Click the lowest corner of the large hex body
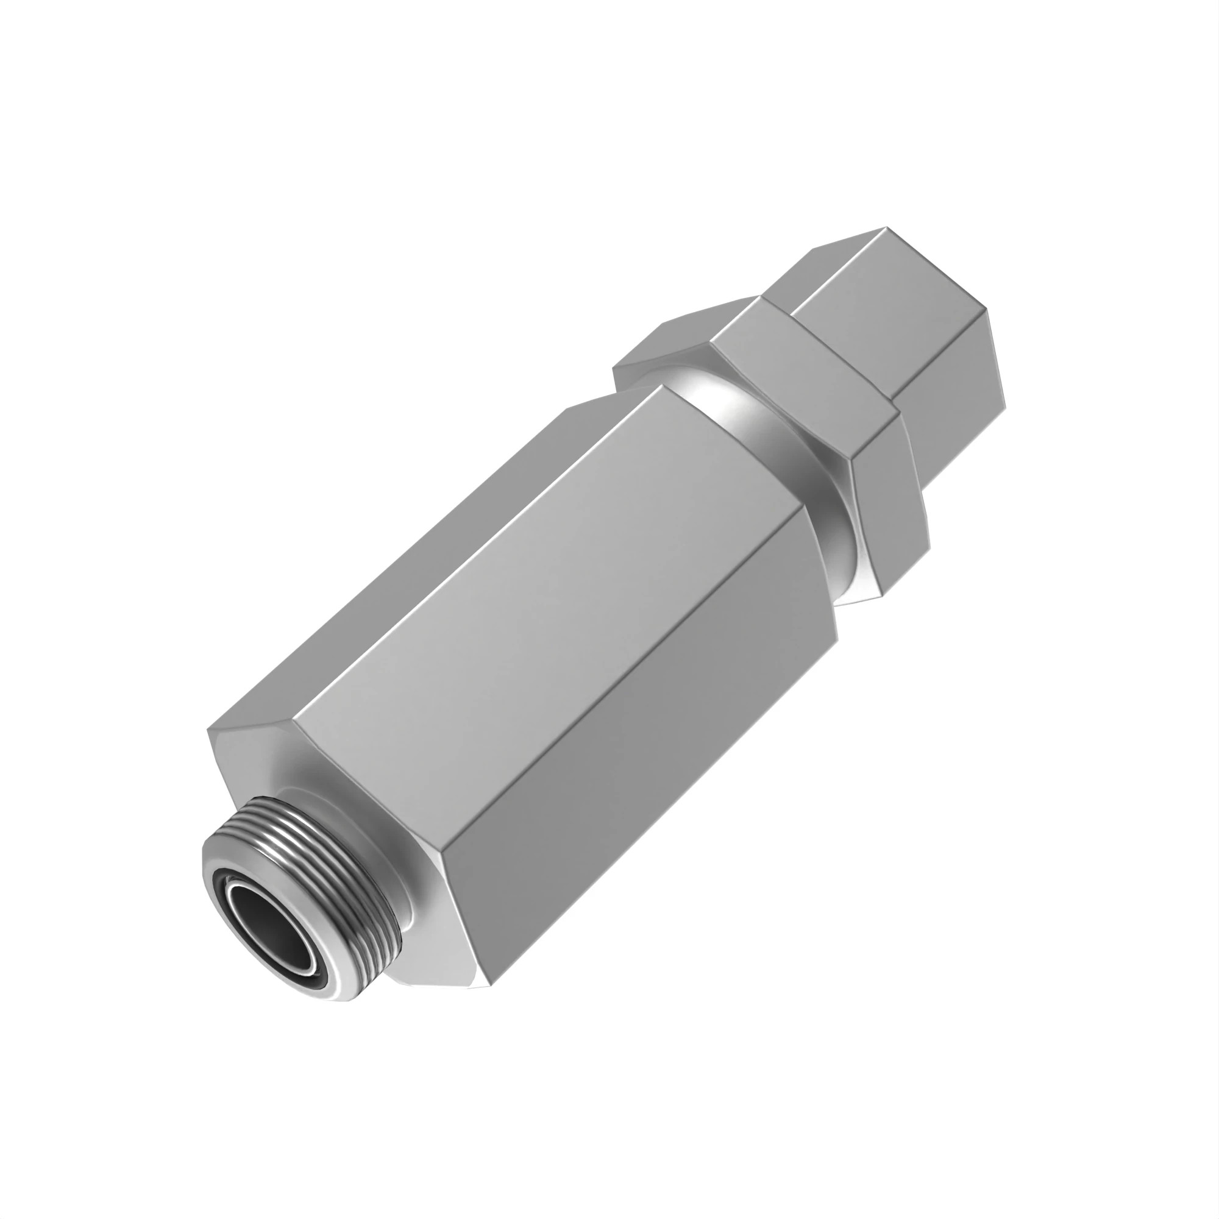click(x=489, y=1003)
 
